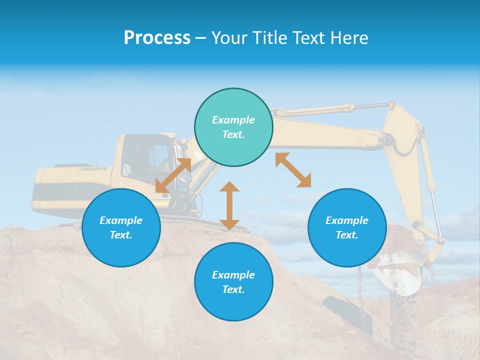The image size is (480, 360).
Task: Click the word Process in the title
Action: (x=157, y=38)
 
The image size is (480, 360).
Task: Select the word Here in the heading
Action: (x=349, y=38)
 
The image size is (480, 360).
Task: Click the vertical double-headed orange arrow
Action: (x=229, y=205)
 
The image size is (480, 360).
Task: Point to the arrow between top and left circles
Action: (x=173, y=175)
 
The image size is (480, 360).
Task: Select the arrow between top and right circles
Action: (x=293, y=170)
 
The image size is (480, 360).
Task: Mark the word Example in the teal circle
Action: (x=233, y=120)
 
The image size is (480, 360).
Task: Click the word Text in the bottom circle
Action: (x=233, y=289)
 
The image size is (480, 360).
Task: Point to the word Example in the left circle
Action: (x=121, y=220)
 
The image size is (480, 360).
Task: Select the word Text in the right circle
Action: (x=346, y=235)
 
